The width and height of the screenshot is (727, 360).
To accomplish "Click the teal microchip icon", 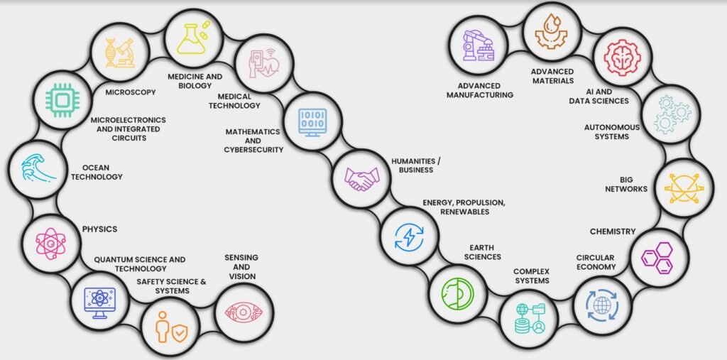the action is (x=62, y=99).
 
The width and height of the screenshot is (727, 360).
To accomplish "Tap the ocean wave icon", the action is (x=38, y=170).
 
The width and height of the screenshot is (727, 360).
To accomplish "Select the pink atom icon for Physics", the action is (x=51, y=244).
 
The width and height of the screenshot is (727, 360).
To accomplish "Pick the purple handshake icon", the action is (x=361, y=179).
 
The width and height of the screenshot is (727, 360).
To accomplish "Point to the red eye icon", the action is (x=244, y=312).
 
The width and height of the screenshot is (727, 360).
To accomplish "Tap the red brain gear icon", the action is (x=622, y=58).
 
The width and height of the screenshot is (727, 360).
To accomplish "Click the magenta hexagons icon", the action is (x=657, y=258).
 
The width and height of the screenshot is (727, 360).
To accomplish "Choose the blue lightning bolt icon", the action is (x=409, y=236).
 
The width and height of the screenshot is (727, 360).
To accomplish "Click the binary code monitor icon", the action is (x=312, y=121).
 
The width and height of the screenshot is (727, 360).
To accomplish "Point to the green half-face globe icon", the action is (x=457, y=294).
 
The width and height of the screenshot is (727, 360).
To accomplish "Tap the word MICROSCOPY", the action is (x=131, y=92).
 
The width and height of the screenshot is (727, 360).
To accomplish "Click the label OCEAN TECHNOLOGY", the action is (x=97, y=172).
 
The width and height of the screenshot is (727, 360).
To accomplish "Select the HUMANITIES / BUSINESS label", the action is (x=416, y=165).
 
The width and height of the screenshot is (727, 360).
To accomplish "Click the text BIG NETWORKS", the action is (x=626, y=184).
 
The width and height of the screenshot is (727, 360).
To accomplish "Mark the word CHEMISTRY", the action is (x=613, y=231).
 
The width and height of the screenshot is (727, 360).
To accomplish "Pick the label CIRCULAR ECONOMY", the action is (x=596, y=262).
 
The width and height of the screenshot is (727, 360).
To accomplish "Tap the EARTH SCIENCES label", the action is (x=482, y=252).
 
